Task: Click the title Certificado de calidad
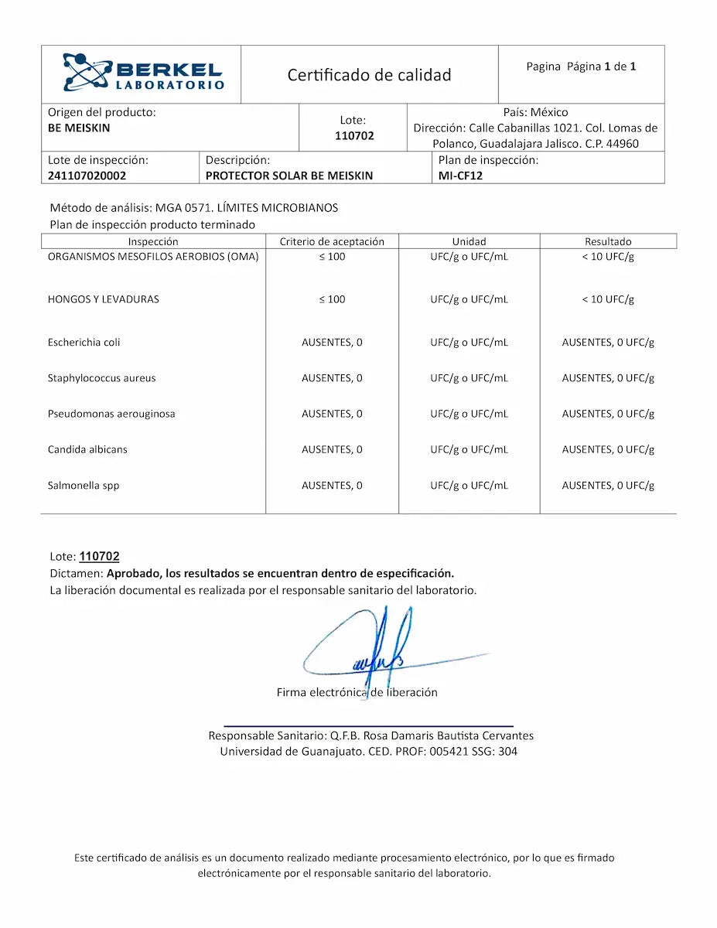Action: pos(369,75)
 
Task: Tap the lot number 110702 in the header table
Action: pos(354,136)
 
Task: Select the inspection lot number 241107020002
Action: pos(87,176)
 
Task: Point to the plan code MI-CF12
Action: pos(461,176)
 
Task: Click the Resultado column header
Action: pos(608,241)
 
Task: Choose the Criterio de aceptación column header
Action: pos(332,241)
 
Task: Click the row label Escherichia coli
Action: pos(84,342)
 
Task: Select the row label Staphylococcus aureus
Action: pos(102,378)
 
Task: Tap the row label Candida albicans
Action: pos(87,449)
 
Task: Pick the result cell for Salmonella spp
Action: pos(608,486)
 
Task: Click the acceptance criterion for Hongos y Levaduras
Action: pos(332,299)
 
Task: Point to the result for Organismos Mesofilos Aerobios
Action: pos(608,257)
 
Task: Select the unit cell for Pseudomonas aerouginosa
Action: pos(469,414)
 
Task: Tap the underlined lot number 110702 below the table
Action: pos(99,557)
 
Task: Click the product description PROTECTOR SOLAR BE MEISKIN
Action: pos(289,176)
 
